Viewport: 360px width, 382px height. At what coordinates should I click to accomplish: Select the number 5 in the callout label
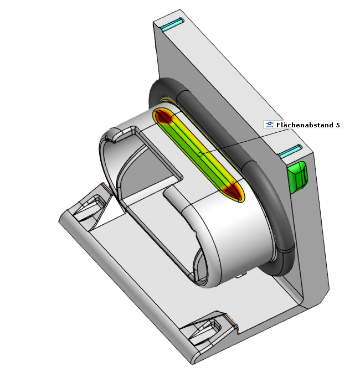pyautogui.click(x=338, y=125)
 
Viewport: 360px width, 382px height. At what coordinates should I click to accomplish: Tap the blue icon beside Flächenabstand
pyautogui.click(x=269, y=125)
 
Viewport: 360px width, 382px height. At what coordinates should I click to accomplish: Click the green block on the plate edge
pyautogui.click(x=297, y=175)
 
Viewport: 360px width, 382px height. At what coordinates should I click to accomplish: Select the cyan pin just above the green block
pyautogui.click(x=290, y=151)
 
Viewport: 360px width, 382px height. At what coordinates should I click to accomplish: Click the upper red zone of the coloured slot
pyautogui.click(x=164, y=117)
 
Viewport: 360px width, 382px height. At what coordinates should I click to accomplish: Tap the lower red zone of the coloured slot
pyautogui.click(x=233, y=190)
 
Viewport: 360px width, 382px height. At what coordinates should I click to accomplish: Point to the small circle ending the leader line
pyautogui.click(x=200, y=154)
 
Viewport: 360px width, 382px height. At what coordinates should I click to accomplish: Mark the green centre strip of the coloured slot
pyautogui.click(x=199, y=153)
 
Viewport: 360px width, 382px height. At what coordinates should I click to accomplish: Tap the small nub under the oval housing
pyautogui.click(x=239, y=274)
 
